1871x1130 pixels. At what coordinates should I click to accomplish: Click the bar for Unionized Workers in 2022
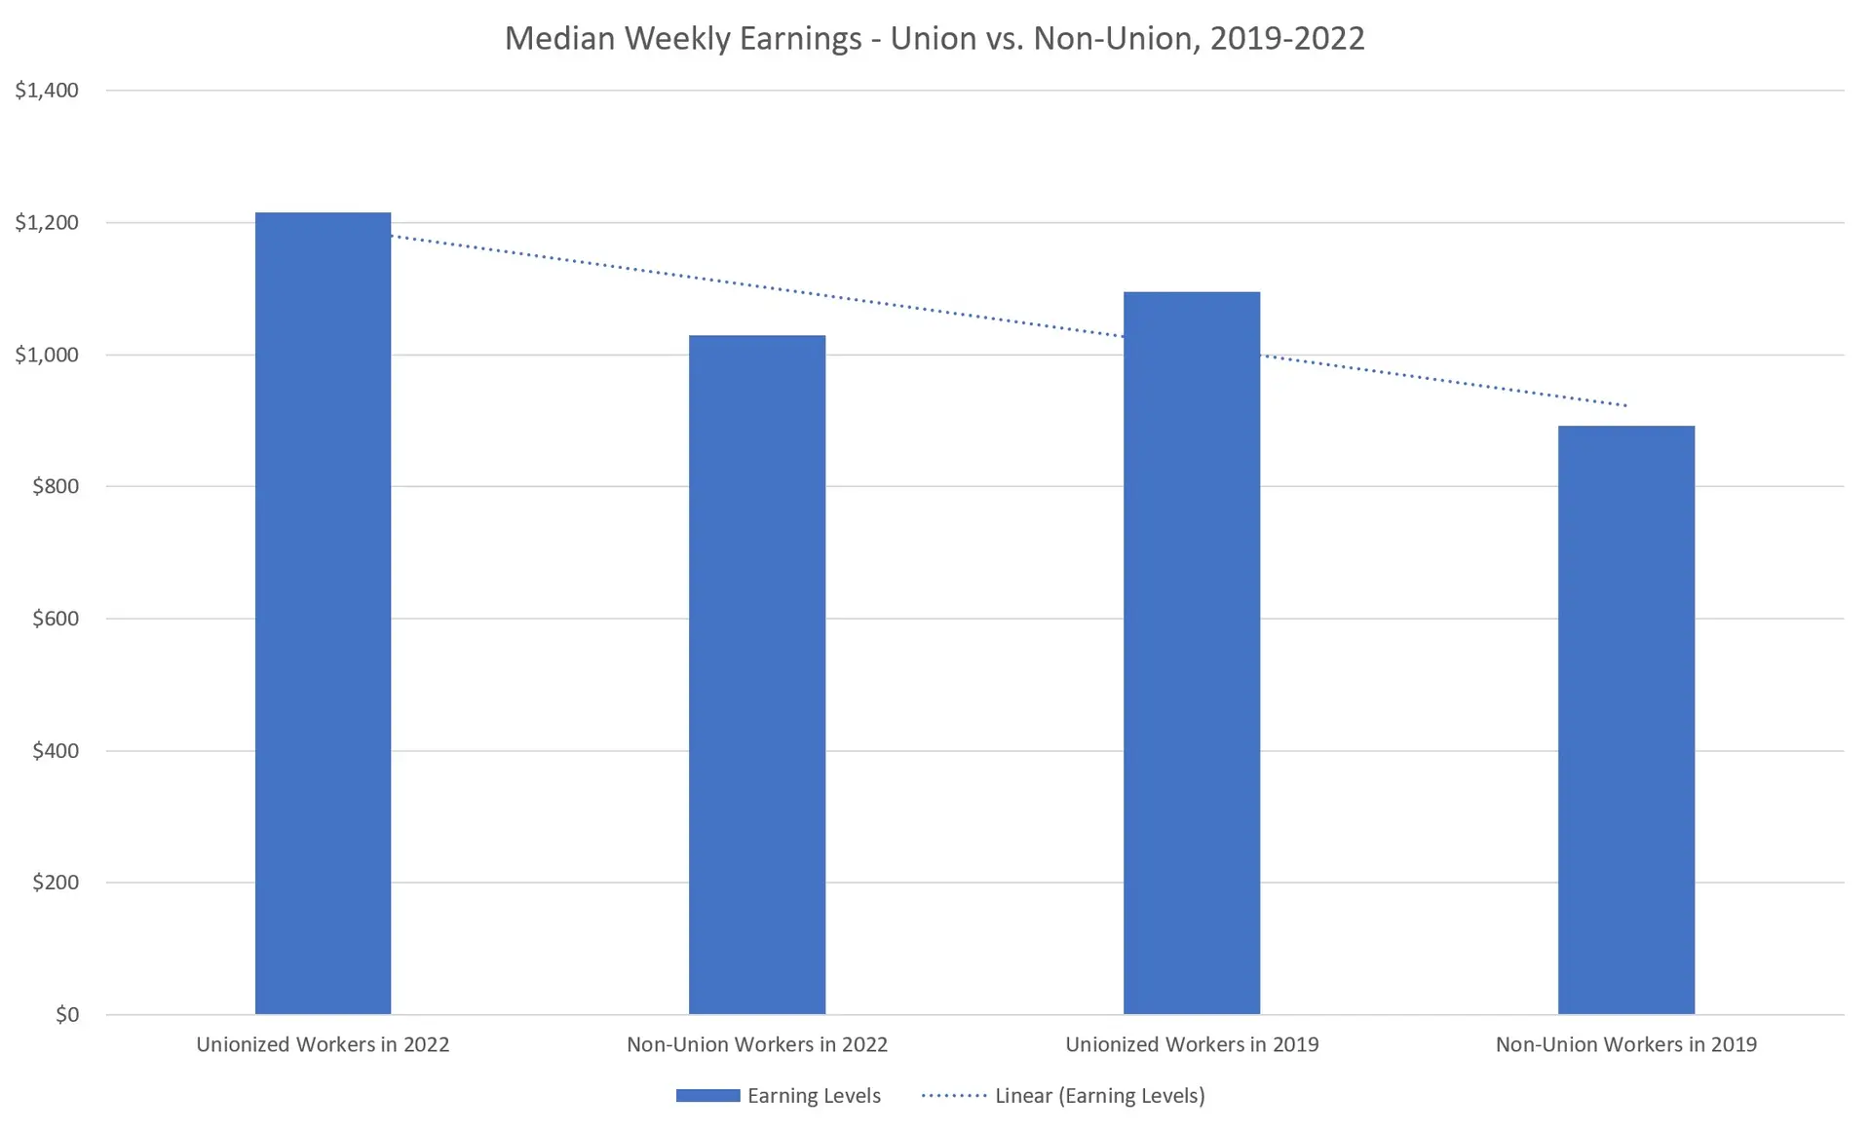pyautogui.click(x=323, y=614)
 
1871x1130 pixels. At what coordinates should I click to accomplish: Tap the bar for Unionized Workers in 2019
pyautogui.click(x=1191, y=653)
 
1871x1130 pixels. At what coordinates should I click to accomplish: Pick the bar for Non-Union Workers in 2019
pyautogui.click(x=1625, y=720)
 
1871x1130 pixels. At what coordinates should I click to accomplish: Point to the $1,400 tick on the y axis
pyautogui.click(x=47, y=91)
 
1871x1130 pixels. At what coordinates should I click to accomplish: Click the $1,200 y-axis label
pyautogui.click(x=47, y=223)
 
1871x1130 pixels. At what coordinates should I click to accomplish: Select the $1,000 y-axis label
pyautogui.click(x=47, y=355)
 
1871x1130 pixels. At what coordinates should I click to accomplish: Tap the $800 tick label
pyautogui.click(x=56, y=486)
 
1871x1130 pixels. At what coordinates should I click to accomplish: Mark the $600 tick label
pyautogui.click(x=56, y=619)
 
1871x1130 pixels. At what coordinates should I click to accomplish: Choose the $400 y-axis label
pyautogui.click(x=56, y=751)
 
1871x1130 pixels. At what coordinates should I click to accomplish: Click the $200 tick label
pyautogui.click(x=56, y=883)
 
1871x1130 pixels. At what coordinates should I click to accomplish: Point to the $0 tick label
pyautogui.click(x=67, y=1015)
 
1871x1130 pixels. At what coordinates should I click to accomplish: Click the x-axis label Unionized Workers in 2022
pyautogui.click(x=323, y=1045)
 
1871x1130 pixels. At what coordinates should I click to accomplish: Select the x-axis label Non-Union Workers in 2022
pyautogui.click(x=757, y=1045)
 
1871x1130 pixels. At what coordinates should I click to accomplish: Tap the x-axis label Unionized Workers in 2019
pyautogui.click(x=1191, y=1045)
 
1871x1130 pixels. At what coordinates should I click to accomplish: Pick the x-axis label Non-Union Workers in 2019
pyautogui.click(x=1625, y=1045)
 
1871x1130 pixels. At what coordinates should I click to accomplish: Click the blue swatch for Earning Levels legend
pyautogui.click(x=707, y=1096)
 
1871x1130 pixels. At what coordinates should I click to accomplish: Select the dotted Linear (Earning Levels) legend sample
pyautogui.click(x=954, y=1096)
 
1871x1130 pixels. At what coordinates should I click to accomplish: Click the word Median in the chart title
pyautogui.click(x=560, y=38)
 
